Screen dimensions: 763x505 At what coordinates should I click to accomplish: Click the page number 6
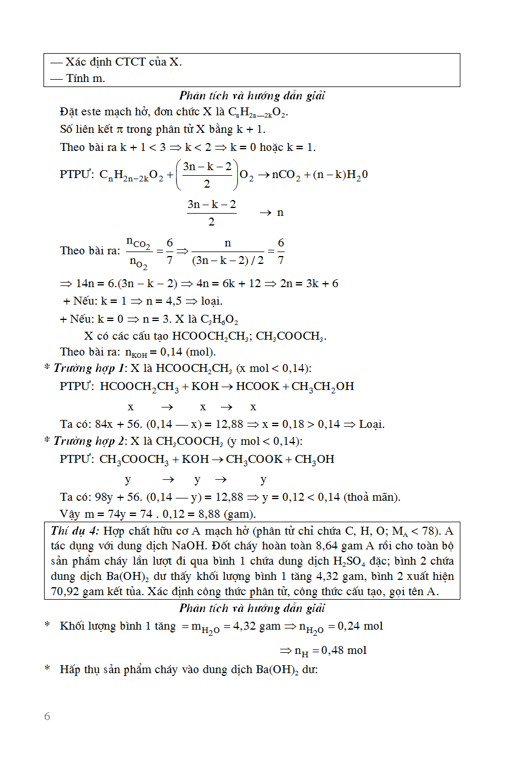pos(47,717)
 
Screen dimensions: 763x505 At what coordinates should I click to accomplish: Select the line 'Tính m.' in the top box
pos(85,78)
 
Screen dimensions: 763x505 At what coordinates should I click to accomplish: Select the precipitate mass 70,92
pos(63,592)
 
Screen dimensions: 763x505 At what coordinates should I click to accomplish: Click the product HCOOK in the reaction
pos(258,387)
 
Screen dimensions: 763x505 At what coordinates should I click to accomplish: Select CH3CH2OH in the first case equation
pos(323,387)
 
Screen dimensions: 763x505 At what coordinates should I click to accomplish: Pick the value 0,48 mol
pos(343,651)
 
